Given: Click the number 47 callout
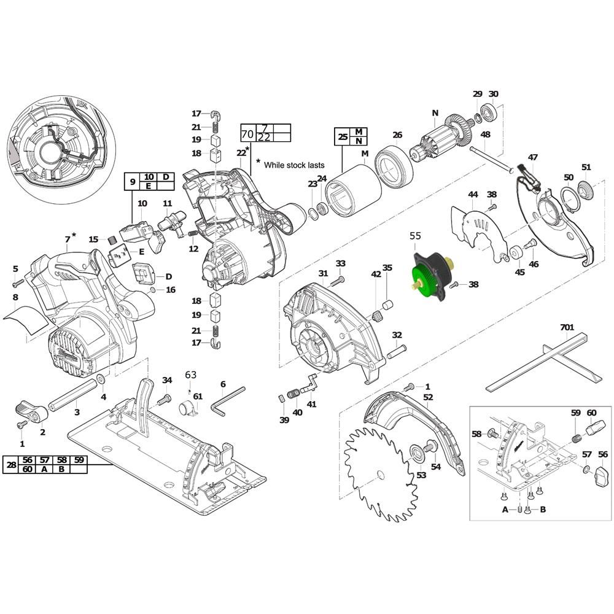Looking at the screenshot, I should (532, 158).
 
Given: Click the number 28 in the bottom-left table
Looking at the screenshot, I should (11, 465).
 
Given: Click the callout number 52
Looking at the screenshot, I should (428, 397).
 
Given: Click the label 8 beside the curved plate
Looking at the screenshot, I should (15, 297).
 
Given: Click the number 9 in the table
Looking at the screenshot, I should (131, 182).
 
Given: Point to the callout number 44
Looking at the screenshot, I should (472, 195).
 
